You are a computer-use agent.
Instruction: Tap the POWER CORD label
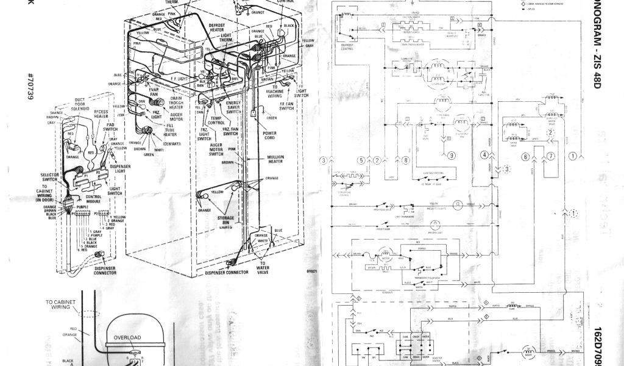pyautogui.click(x=269, y=135)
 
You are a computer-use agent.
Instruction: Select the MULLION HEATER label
pyautogui.click(x=275, y=160)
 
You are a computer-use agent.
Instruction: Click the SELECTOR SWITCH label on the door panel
pyautogui.click(x=50, y=178)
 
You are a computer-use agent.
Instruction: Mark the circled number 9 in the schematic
pyautogui.click(x=452, y=156)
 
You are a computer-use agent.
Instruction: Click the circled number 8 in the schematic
pyautogui.click(x=406, y=160)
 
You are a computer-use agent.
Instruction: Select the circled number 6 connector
pyautogui.click(x=525, y=157)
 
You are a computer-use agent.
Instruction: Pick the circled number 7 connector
pyautogui.click(x=550, y=156)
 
